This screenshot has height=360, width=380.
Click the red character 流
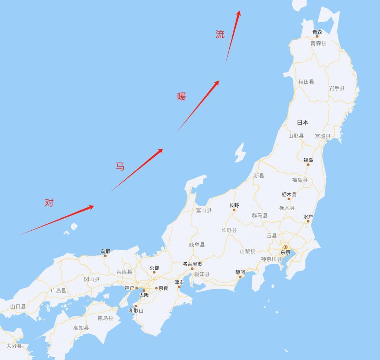point(220,35)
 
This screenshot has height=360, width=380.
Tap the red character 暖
point(181,97)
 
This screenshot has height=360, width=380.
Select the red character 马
point(119,166)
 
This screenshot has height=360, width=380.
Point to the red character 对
point(49,203)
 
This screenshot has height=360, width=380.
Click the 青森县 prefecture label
point(318,43)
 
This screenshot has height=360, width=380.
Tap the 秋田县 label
point(306,82)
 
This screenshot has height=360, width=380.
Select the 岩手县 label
point(337,88)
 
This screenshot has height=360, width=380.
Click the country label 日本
point(302,122)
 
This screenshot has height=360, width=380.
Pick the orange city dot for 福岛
point(308,164)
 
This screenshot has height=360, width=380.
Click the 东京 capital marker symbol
point(285,247)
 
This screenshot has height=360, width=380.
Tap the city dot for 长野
point(234,210)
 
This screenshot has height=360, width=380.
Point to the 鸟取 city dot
point(106,256)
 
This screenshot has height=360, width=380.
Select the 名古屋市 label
point(192,264)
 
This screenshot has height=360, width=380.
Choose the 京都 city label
point(154,267)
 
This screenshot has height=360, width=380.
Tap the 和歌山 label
point(136,311)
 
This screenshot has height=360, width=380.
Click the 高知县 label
point(81,328)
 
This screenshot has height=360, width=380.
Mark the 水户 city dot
point(308,221)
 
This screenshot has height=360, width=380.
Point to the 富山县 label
point(204,210)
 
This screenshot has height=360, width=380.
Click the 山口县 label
point(18,307)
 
